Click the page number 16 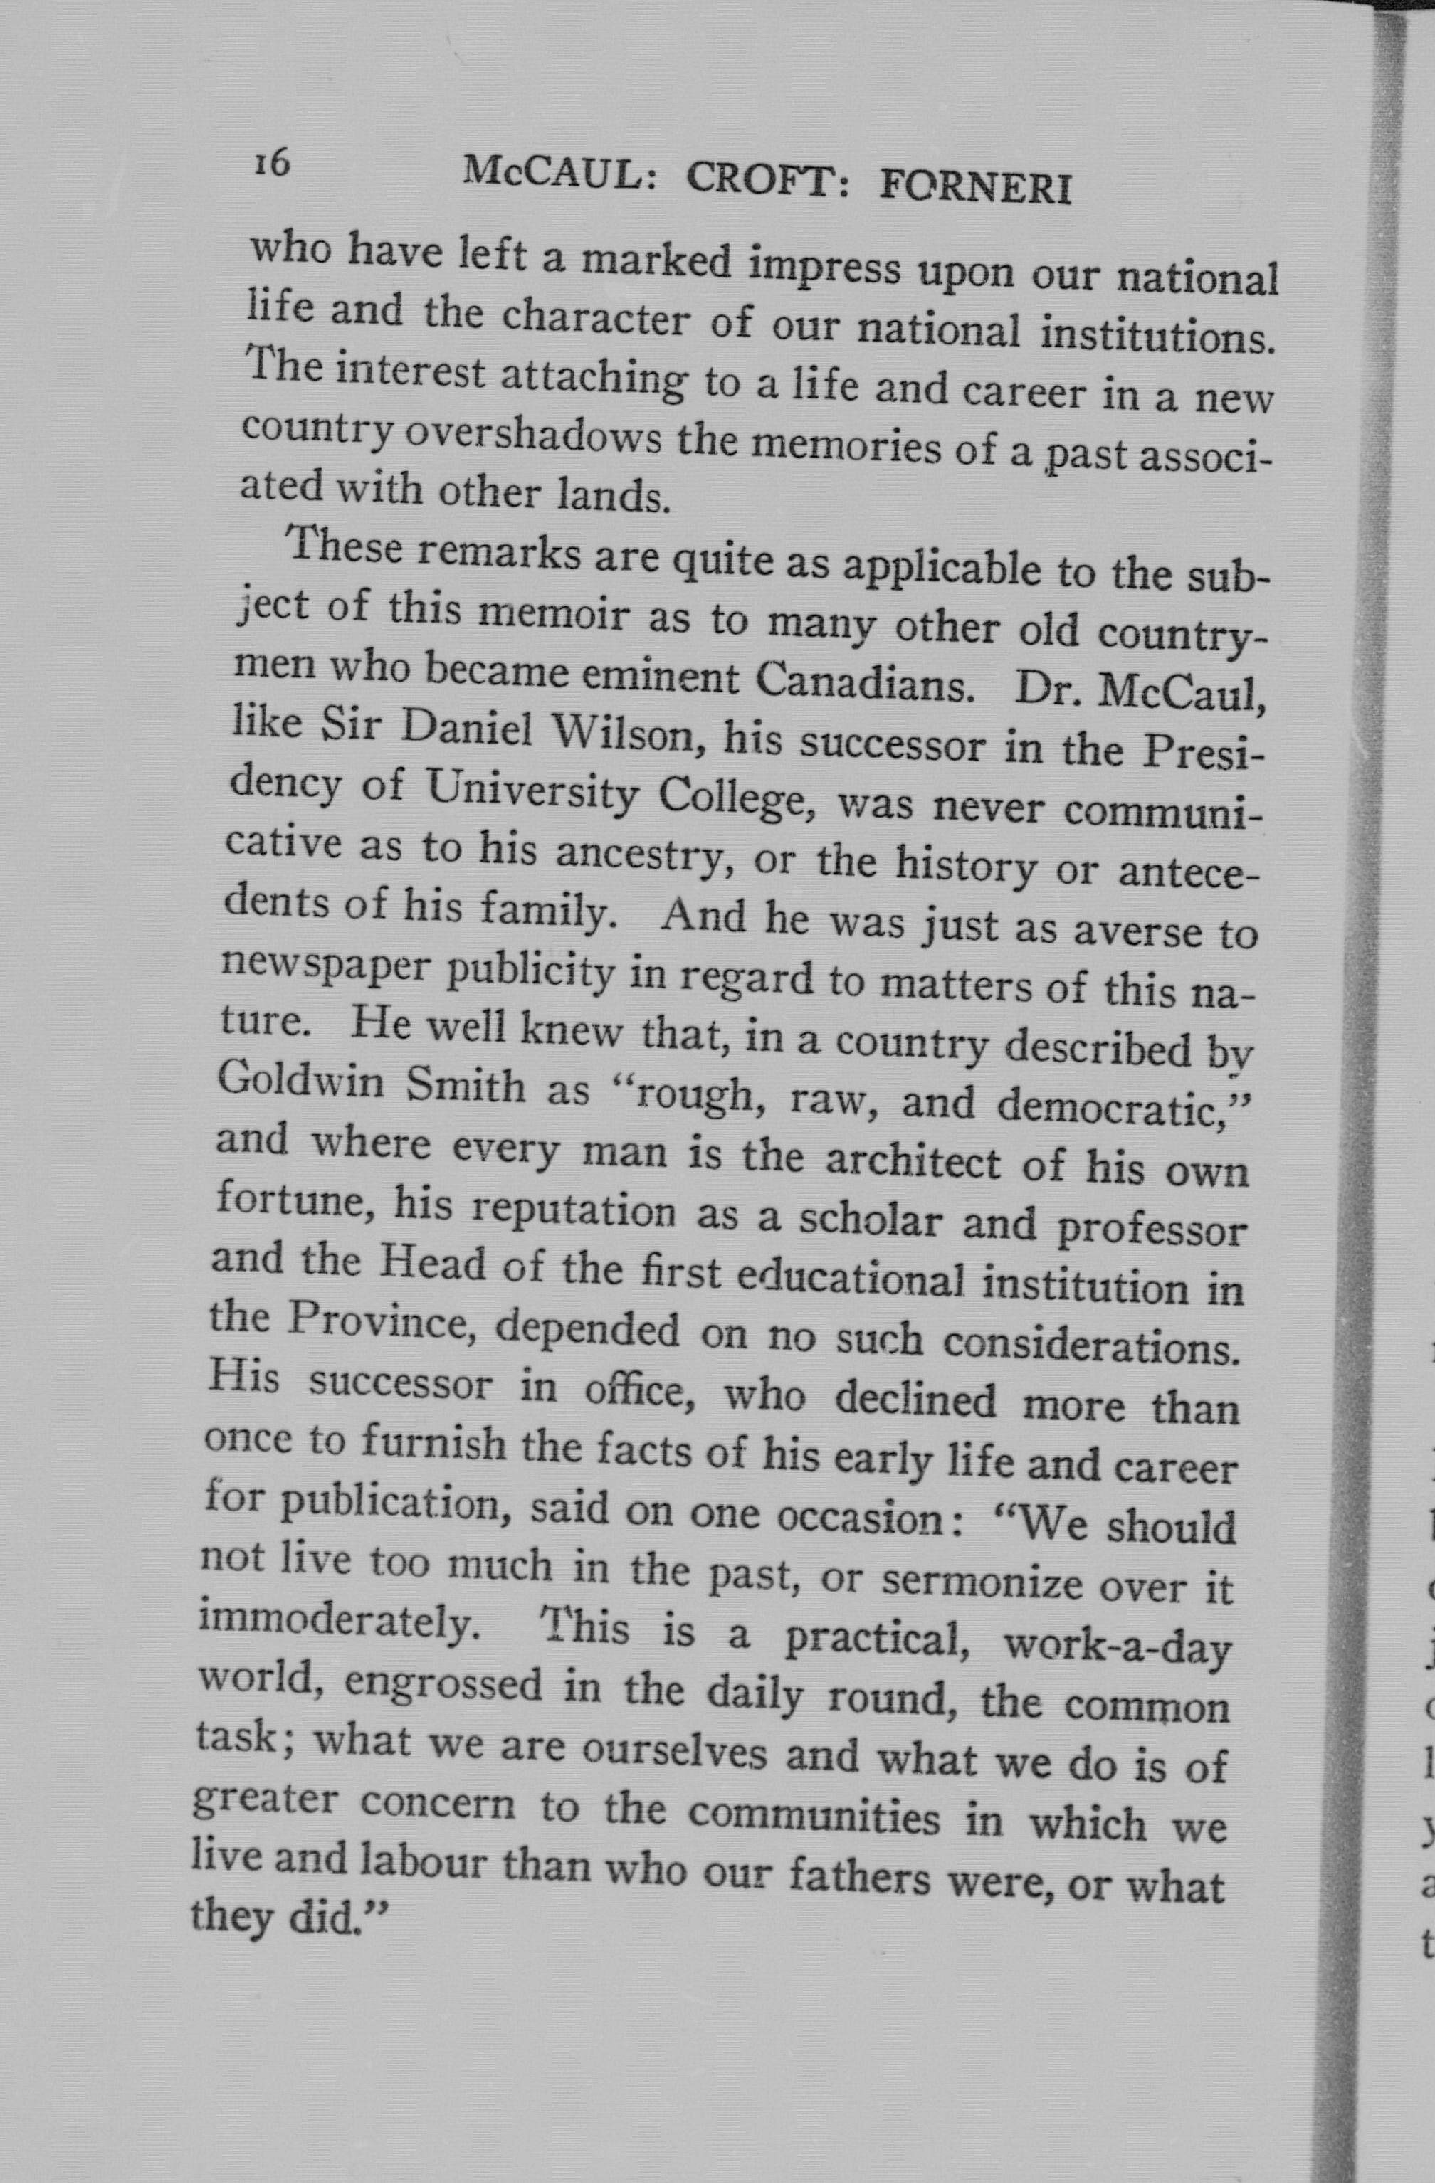pos(272,163)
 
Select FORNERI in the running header pos(975,187)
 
